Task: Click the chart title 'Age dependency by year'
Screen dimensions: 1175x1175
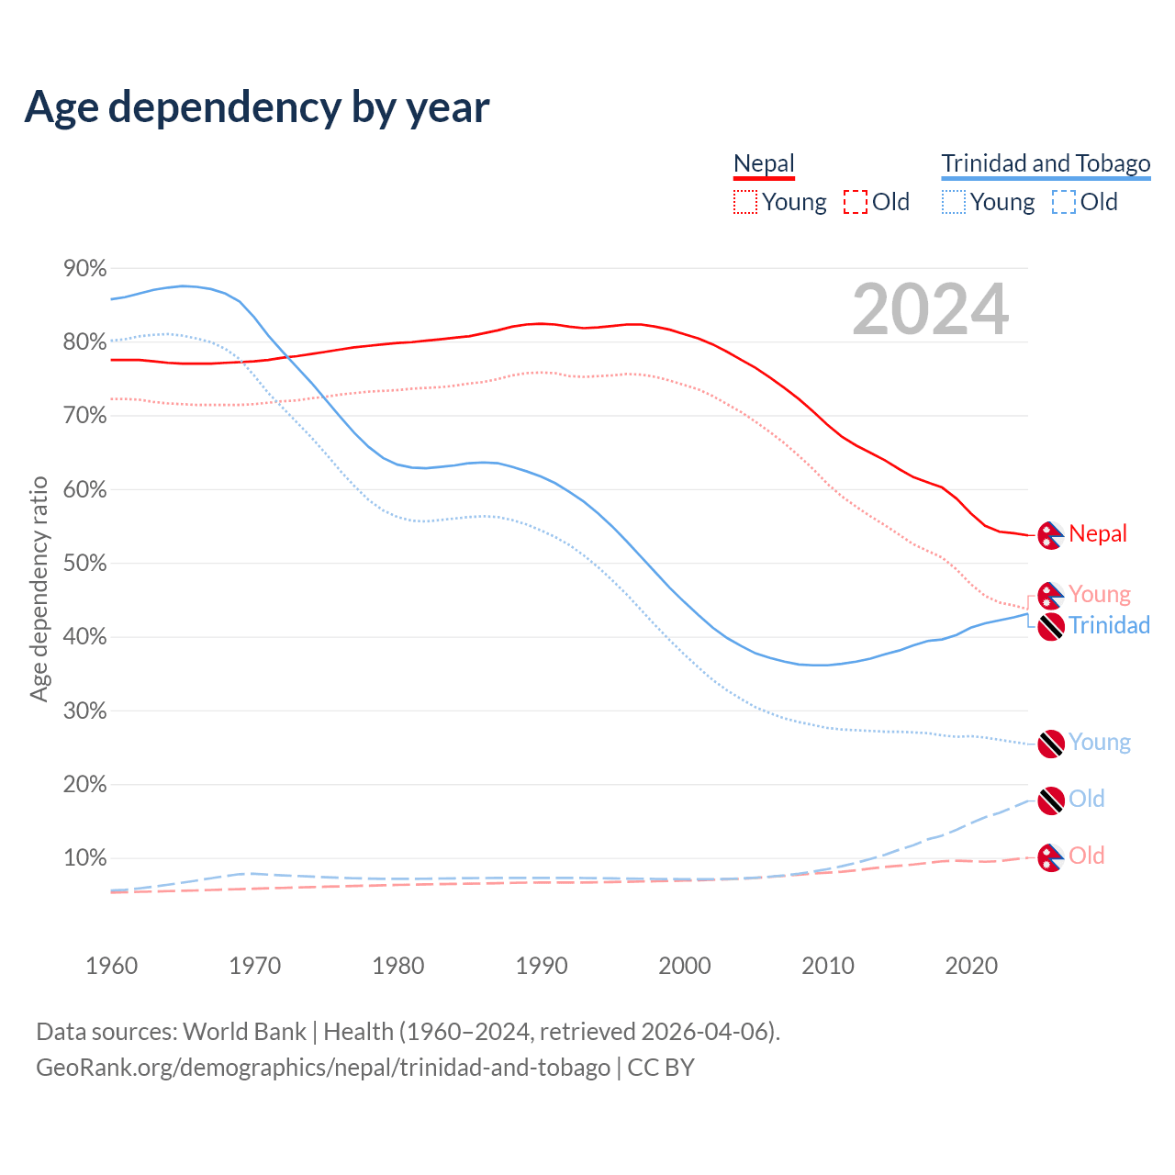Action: tap(257, 107)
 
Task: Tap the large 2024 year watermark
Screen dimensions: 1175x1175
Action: tap(930, 309)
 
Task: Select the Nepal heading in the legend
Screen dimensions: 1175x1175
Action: tap(764, 163)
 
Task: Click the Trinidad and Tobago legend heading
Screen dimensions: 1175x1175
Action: tap(1046, 163)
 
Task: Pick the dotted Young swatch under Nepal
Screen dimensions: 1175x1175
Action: tap(745, 202)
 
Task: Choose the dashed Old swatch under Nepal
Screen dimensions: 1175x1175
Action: tap(856, 202)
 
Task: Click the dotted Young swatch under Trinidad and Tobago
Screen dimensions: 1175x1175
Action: tap(954, 202)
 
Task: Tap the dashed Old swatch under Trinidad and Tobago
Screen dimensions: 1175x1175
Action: tap(1064, 202)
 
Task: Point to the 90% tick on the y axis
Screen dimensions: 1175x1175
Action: tap(84, 268)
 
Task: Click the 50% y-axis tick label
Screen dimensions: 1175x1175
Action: tap(84, 563)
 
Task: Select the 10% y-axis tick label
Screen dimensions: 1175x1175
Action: tap(84, 858)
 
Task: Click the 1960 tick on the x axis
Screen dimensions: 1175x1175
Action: tap(111, 966)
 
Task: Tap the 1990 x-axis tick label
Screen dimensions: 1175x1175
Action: tap(542, 966)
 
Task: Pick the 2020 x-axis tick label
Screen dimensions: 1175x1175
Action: tap(971, 966)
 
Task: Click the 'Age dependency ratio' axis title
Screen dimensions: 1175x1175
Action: tap(39, 588)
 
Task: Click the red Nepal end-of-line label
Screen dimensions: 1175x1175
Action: tap(1098, 533)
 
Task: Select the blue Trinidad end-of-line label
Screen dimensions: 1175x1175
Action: tap(1109, 625)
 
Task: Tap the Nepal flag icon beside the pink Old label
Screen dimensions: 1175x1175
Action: tap(1050, 857)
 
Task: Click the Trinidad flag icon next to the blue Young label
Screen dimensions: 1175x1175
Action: tap(1050, 744)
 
